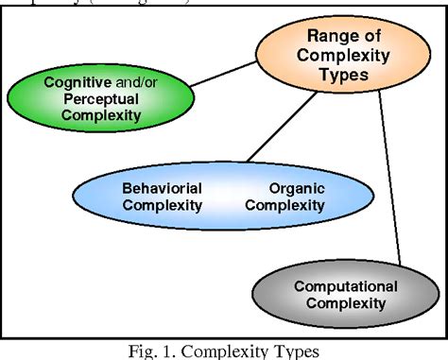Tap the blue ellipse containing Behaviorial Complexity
click(x=224, y=197)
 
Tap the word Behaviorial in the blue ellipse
click(x=162, y=188)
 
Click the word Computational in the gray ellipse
click(x=339, y=285)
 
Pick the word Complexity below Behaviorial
click(x=162, y=205)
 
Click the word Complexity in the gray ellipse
click(x=339, y=303)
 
